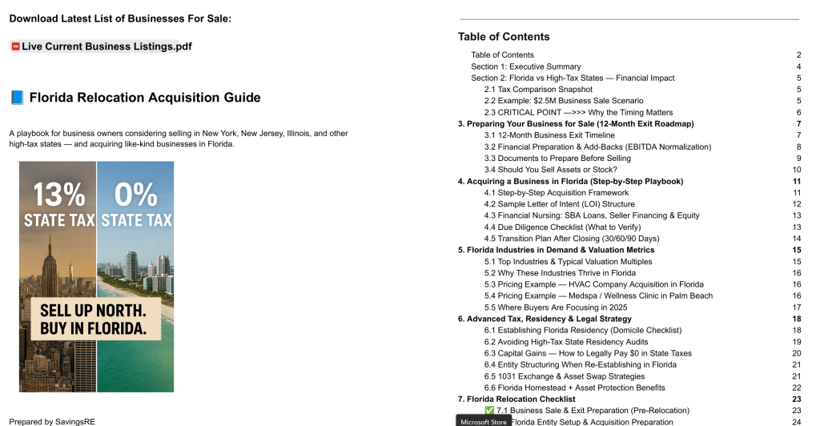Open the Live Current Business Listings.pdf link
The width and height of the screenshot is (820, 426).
(107, 46)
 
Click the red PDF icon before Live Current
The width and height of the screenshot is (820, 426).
(15, 46)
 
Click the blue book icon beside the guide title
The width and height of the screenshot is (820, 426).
(17, 98)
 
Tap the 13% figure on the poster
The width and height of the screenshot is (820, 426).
(58, 195)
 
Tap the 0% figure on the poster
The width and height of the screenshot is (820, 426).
(135, 195)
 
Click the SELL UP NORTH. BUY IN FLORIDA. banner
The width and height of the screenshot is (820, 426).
(94, 319)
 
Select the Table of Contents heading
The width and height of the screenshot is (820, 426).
(504, 37)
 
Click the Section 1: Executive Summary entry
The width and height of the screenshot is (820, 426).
(525, 66)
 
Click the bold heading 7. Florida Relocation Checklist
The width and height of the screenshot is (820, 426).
(516, 399)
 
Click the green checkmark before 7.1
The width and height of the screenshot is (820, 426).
(489, 411)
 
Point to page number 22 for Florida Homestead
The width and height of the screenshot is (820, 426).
(796, 388)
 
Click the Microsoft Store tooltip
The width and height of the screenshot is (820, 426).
(484, 420)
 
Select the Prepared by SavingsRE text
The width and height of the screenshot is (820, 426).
(53, 421)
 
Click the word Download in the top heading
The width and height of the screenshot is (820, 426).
(36, 18)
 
